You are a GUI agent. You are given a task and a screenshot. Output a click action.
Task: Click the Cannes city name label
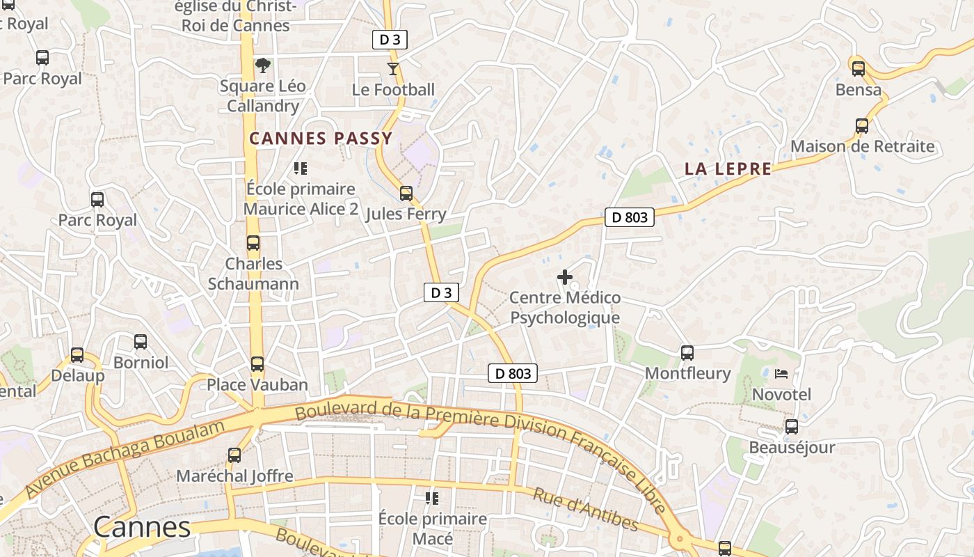click(x=142, y=526)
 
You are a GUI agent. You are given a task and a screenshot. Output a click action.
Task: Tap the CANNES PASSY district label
click(x=321, y=139)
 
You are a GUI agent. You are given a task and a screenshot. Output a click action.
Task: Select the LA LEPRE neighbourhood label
click(x=728, y=168)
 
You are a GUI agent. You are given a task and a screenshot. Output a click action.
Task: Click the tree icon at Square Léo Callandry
click(x=263, y=65)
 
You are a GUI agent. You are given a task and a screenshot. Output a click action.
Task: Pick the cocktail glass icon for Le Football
click(x=393, y=68)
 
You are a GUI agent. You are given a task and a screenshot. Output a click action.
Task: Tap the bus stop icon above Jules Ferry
click(x=406, y=193)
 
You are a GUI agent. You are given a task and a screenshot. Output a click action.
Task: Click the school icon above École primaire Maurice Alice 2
click(x=301, y=168)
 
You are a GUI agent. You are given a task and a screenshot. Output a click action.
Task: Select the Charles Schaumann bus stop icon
click(x=253, y=243)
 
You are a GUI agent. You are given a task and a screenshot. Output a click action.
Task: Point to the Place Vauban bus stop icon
click(x=257, y=363)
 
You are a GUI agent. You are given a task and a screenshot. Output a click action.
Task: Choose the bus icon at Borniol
click(x=141, y=341)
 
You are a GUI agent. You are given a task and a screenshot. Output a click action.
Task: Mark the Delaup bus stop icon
click(x=77, y=354)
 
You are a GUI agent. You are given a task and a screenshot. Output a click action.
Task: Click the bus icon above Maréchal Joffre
click(x=234, y=455)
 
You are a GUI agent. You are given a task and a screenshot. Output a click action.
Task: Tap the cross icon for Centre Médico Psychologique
click(x=565, y=277)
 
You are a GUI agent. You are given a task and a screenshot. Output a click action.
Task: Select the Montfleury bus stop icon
click(x=687, y=352)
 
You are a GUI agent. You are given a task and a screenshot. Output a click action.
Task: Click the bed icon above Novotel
click(x=781, y=374)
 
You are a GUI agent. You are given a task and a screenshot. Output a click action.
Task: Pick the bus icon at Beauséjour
click(x=792, y=426)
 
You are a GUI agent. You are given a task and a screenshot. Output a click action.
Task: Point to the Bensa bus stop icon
click(x=859, y=68)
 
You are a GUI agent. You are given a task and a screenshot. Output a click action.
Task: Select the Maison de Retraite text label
click(x=862, y=146)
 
